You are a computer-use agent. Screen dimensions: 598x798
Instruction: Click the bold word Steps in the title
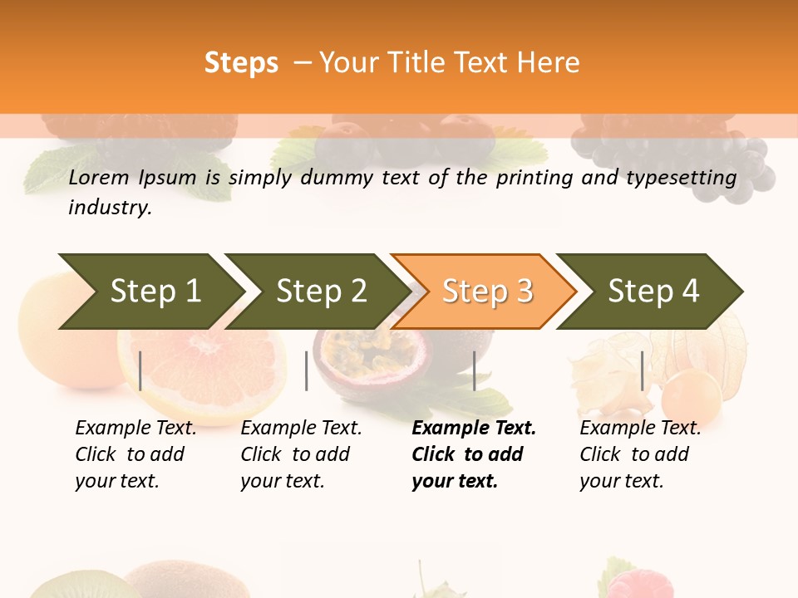tap(241, 63)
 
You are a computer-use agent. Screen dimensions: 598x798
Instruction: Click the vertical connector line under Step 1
tap(140, 370)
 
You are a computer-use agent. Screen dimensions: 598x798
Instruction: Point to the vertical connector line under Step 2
tap(307, 370)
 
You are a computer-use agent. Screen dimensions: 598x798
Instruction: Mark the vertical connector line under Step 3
tap(474, 370)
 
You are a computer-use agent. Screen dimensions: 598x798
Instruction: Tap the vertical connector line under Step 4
tap(642, 370)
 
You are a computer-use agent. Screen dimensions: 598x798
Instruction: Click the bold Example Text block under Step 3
tap(473, 454)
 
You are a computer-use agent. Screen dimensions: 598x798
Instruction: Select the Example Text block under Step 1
tap(135, 454)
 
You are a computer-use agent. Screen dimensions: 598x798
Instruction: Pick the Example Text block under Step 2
tap(301, 454)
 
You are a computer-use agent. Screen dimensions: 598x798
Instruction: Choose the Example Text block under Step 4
tap(640, 454)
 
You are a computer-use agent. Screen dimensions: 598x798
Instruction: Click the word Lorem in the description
tap(99, 177)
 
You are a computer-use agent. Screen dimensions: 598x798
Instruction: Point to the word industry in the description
tap(110, 207)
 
